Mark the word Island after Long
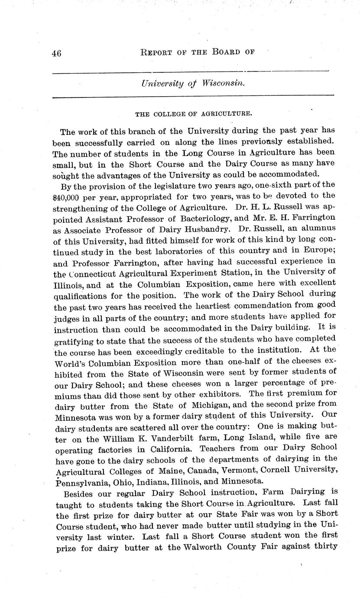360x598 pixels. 251,437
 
